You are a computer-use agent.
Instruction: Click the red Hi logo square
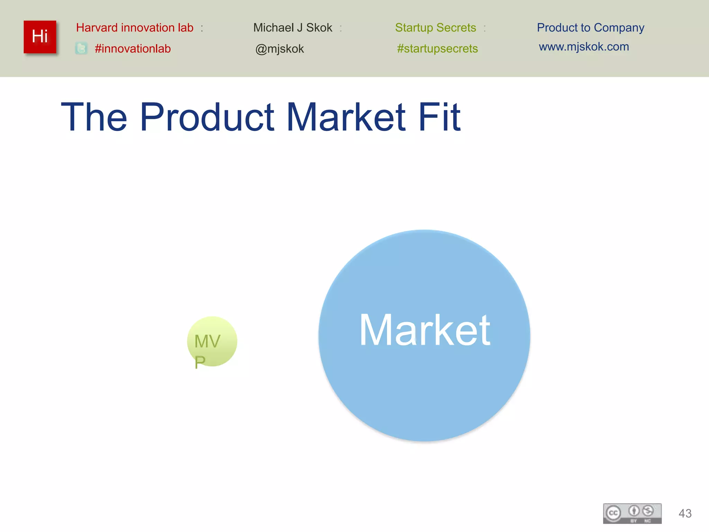40,37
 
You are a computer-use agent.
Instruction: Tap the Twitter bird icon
81,48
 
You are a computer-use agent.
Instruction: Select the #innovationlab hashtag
133,48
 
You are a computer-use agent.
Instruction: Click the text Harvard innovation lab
135,28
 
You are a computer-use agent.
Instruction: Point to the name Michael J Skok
293,28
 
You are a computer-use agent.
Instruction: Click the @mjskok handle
279,49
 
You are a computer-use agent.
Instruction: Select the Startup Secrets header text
436,28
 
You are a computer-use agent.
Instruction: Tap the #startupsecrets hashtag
437,48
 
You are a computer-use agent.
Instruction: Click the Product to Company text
590,28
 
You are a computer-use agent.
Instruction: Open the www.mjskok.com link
584,47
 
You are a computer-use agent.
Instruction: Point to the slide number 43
685,513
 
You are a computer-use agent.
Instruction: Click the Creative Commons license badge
632,513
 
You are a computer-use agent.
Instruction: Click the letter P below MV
200,362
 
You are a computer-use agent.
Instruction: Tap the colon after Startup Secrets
485,28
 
